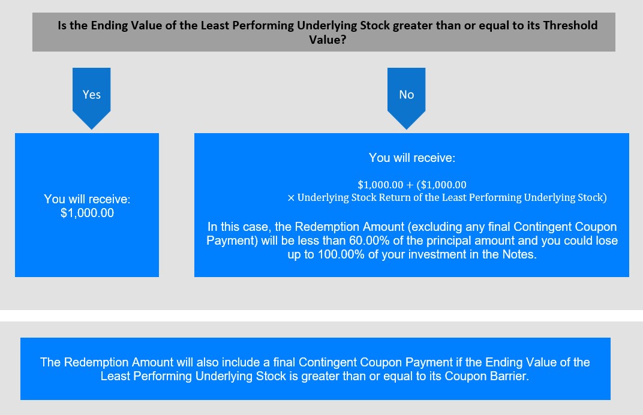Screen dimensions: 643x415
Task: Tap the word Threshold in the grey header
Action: click(x=570, y=25)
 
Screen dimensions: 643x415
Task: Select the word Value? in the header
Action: click(x=327, y=40)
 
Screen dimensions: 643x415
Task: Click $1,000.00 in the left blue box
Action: click(x=88, y=213)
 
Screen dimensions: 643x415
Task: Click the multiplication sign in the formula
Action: click(x=291, y=198)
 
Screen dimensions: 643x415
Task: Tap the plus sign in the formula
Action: click(x=410, y=185)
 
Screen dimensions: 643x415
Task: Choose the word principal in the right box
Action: click(x=443, y=240)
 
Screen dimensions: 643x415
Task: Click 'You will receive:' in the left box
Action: click(x=88, y=199)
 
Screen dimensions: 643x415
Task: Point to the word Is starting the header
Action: click(x=62, y=25)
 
